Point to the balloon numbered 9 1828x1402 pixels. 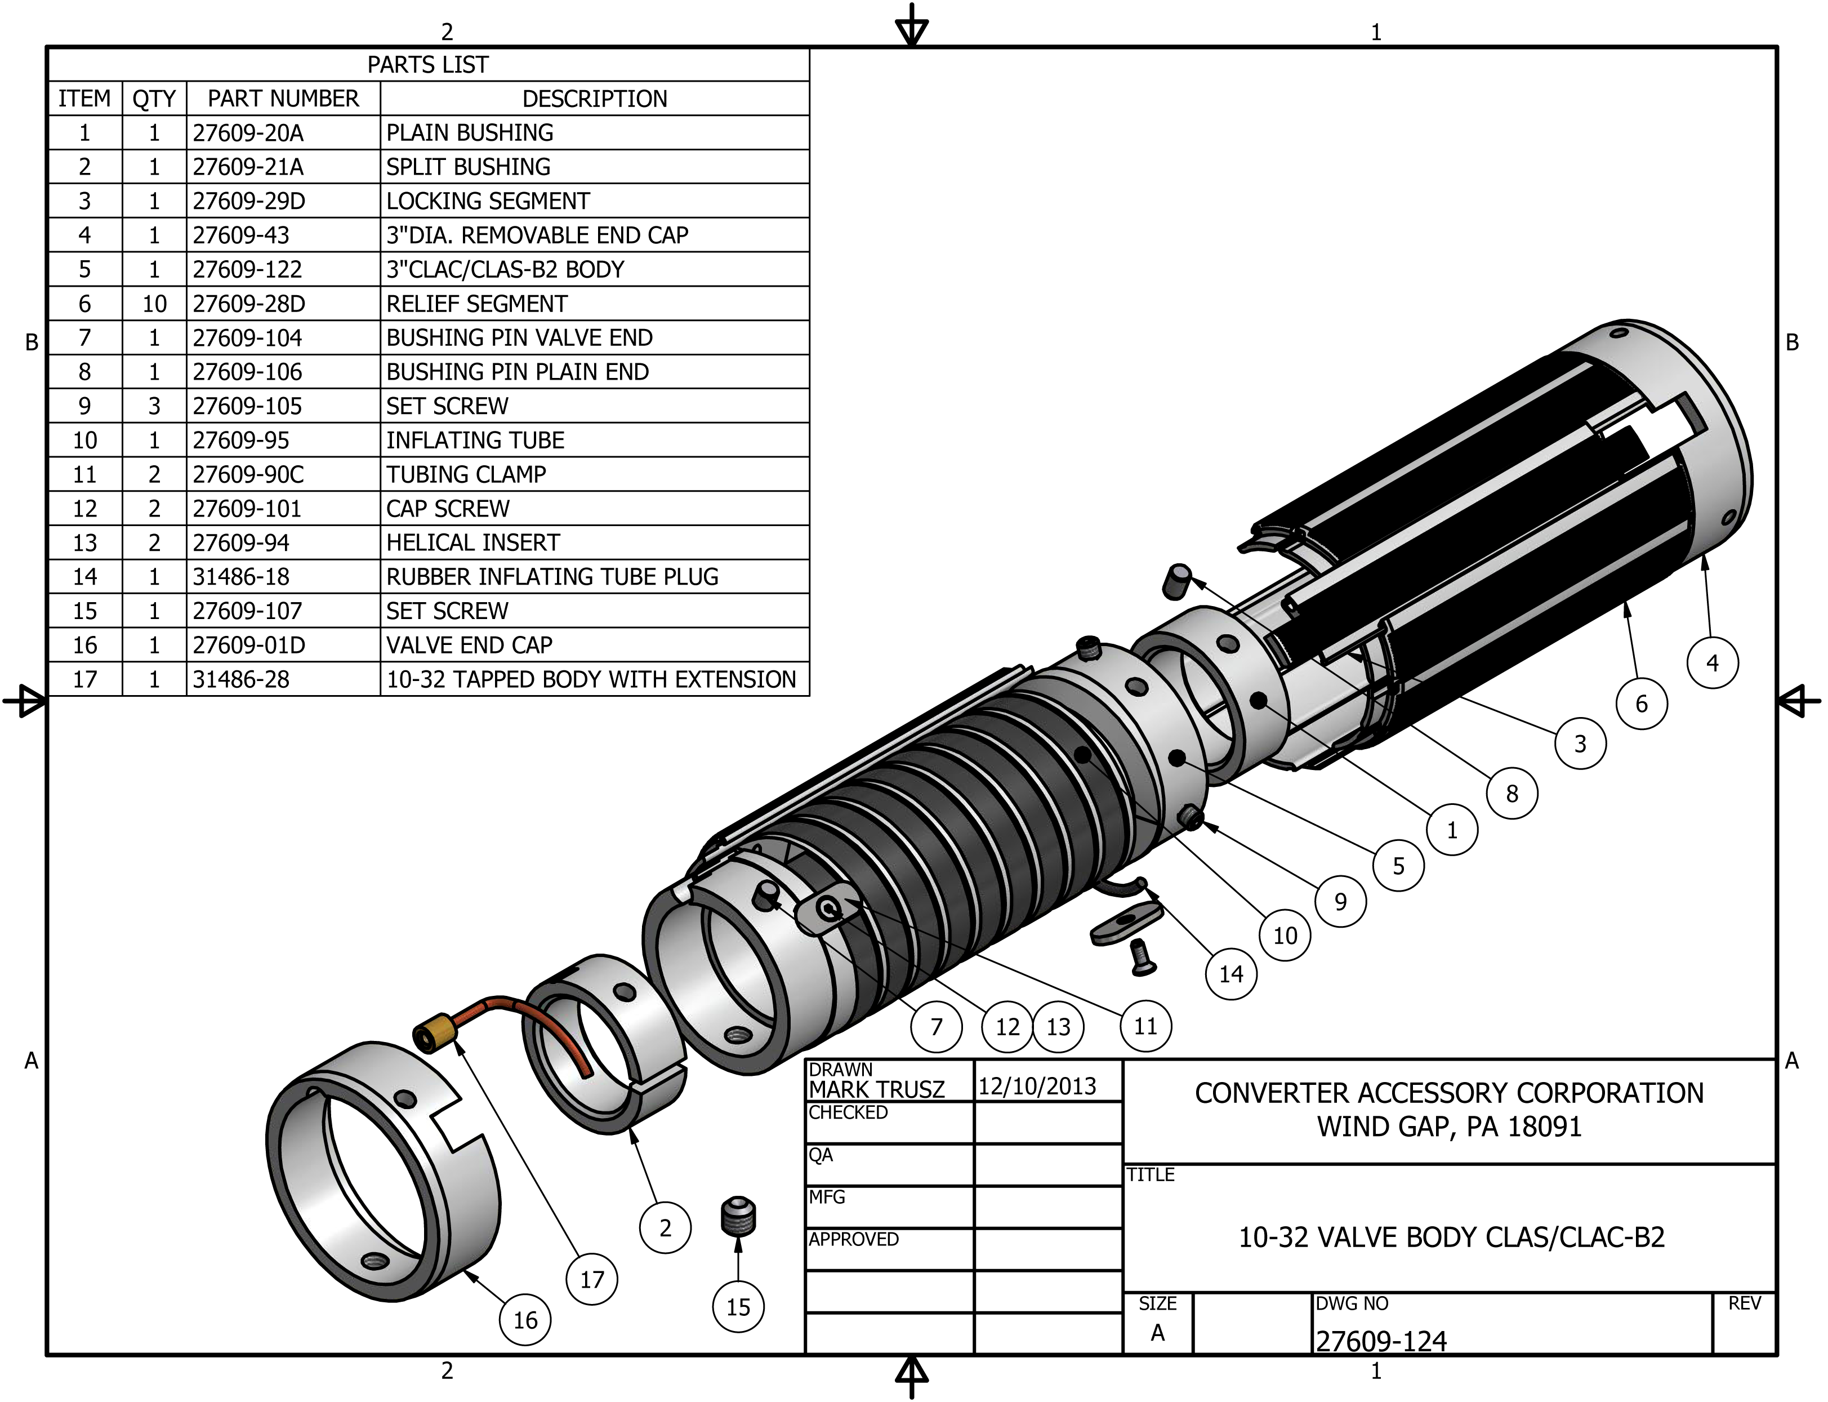[1340, 901]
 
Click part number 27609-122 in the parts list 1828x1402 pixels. [247, 270]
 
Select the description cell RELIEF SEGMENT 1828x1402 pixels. [476, 304]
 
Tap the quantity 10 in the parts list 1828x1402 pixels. [154, 304]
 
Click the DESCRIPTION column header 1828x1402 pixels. [594, 99]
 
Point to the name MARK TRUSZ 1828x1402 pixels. [876, 1089]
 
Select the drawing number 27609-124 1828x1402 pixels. [1381, 1341]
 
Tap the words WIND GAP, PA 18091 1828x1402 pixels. [1449, 1127]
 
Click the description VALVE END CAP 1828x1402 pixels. [469, 645]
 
